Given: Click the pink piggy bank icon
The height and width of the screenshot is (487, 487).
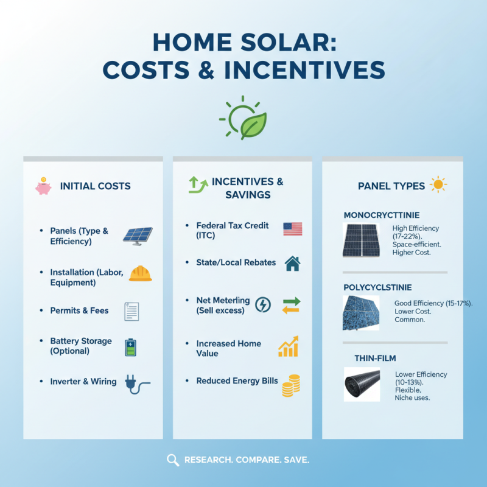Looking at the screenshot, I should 43,186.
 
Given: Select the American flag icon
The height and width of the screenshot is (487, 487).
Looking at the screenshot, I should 292,229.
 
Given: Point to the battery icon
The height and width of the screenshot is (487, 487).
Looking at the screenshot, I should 131,347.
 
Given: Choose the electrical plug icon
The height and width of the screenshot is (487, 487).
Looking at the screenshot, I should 135,383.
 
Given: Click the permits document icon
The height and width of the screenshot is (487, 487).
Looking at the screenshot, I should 131,311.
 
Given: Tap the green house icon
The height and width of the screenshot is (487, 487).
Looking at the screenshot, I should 292,263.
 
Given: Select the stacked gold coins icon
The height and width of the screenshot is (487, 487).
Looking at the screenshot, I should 291,386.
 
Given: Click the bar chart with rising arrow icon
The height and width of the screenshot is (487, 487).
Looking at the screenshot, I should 289,346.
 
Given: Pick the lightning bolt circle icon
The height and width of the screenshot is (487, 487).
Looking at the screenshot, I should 262,304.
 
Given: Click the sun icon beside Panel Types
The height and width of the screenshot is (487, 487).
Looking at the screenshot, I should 438,184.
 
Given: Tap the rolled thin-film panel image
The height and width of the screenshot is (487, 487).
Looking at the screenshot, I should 362,384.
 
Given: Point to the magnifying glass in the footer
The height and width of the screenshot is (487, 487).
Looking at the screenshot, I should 173,460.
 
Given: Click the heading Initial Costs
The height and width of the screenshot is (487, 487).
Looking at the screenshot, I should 95,186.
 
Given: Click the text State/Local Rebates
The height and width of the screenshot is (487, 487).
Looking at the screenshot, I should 236,262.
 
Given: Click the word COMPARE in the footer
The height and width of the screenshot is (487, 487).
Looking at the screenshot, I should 255,460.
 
